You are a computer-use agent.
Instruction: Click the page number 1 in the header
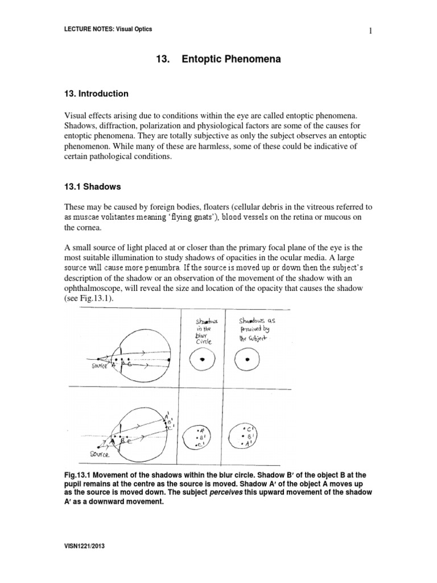click(x=370, y=31)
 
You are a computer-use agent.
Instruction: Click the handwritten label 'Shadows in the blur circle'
click(x=203, y=332)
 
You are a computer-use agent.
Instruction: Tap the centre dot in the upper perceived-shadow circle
click(x=246, y=359)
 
